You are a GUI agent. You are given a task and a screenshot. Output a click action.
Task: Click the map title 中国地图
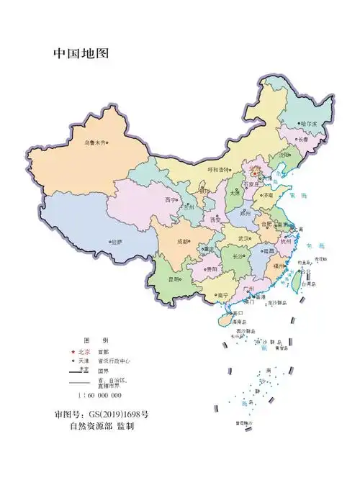[80, 54]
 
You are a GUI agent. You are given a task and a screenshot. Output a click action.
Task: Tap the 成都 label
[183, 241]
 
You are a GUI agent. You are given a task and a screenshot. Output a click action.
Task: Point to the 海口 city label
[239, 313]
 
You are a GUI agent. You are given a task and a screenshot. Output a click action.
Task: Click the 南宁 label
[222, 295]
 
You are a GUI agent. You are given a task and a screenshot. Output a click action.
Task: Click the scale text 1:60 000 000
[100, 395]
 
